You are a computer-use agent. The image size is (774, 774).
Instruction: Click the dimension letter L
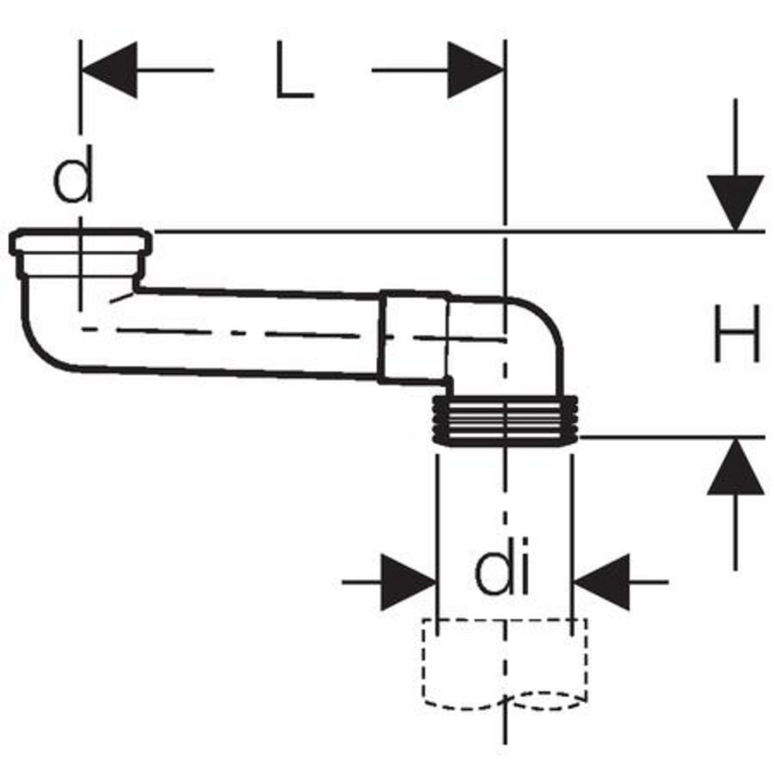click(294, 70)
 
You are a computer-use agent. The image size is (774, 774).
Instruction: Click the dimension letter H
click(736, 333)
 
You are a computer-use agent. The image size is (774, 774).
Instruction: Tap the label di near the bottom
click(501, 566)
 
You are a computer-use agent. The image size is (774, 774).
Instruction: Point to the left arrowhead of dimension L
click(109, 71)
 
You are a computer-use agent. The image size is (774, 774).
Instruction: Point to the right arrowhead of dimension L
click(476, 71)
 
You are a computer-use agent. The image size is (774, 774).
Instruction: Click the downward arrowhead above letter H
click(735, 203)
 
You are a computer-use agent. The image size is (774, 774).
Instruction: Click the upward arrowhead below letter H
click(735, 466)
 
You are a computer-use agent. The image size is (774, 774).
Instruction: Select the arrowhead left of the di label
click(408, 582)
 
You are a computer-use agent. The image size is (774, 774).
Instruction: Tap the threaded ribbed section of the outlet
click(505, 420)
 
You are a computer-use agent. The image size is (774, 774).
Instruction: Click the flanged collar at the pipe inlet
click(81, 253)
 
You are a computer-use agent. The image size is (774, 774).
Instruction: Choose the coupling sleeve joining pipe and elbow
click(415, 336)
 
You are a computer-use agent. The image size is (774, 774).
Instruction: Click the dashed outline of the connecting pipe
click(505, 664)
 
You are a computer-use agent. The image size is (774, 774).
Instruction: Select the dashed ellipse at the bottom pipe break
click(545, 701)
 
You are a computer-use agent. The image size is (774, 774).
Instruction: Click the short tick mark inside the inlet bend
click(121, 298)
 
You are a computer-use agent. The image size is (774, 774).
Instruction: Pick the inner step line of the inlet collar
click(81, 253)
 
